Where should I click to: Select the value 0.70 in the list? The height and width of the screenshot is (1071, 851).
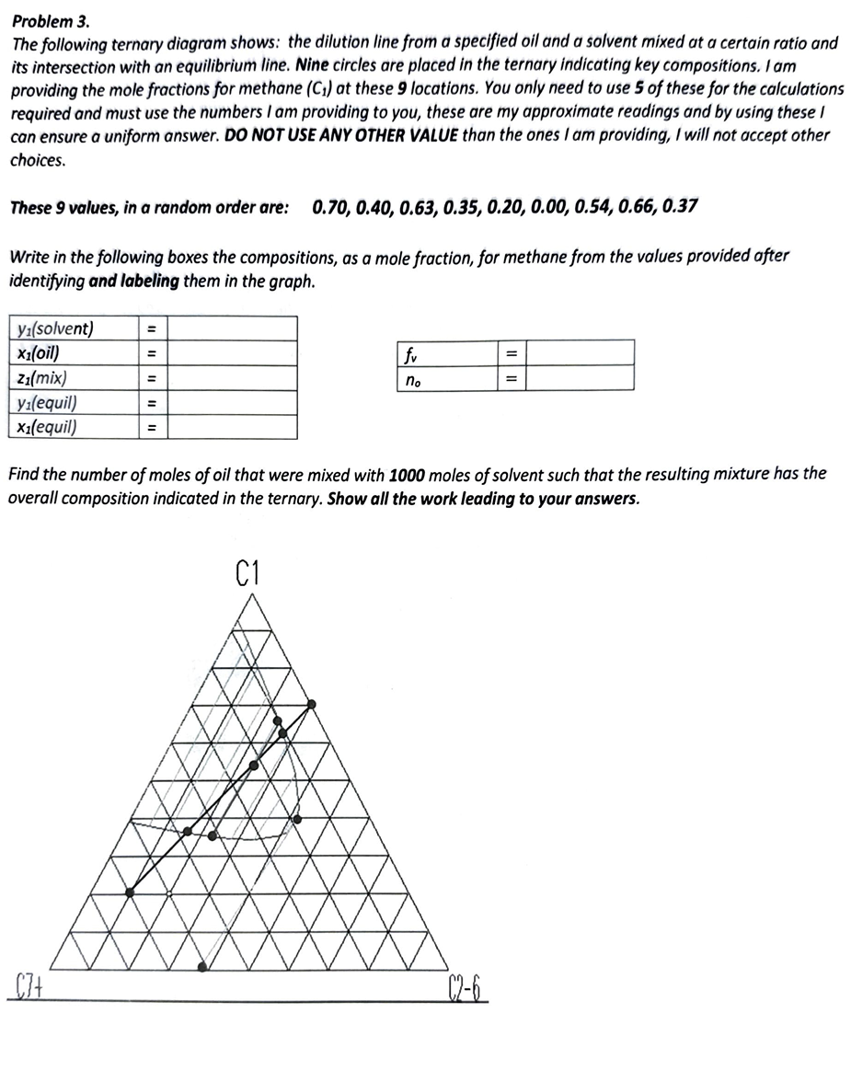click(330, 206)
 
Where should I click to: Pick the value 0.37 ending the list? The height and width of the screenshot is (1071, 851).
click(678, 206)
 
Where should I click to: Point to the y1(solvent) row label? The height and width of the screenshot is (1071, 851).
click(54, 329)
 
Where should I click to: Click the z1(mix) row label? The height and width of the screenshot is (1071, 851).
click(41, 378)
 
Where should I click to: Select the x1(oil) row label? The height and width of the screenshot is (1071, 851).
click(40, 353)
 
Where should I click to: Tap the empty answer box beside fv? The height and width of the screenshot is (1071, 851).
click(580, 353)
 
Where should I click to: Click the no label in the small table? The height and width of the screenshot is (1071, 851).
click(410, 378)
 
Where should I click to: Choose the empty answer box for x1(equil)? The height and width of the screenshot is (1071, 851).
click(232, 428)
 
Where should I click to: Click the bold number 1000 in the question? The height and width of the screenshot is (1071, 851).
click(408, 475)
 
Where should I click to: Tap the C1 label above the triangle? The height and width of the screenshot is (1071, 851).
click(248, 576)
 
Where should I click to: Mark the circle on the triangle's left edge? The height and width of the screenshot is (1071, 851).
click(130, 892)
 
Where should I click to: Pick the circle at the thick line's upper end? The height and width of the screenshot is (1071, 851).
click(311, 704)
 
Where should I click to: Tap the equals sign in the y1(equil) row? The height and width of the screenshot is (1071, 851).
click(154, 403)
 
